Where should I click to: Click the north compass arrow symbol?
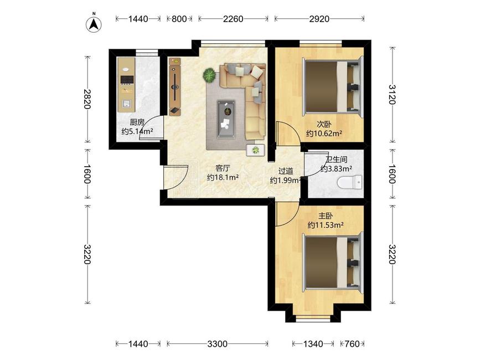[x=94, y=23]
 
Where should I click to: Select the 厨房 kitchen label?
[x=137, y=122]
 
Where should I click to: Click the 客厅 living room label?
[x=223, y=168]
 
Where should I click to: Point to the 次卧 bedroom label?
[x=324, y=124]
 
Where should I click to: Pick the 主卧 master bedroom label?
[x=326, y=216]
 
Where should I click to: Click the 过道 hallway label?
[x=286, y=171]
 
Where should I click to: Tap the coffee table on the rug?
[x=226, y=119]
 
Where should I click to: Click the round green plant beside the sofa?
[x=210, y=75]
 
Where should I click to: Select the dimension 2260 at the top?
[x=233, y=19]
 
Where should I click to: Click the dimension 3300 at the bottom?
[x=218, y=344]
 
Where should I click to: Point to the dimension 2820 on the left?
[x=87, y=99]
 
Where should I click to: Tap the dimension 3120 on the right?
[x=393, y=95]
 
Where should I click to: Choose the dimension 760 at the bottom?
[x=352, y=344]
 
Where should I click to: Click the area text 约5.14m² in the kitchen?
[x=137, y=132]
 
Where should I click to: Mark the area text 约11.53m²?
[x=326, y=225]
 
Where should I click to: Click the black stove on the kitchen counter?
[x=126, y=80]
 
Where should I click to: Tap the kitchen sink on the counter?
[x=126, y=104]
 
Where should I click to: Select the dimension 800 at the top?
[x=179, y=19]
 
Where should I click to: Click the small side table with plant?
[x=255, y=150]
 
